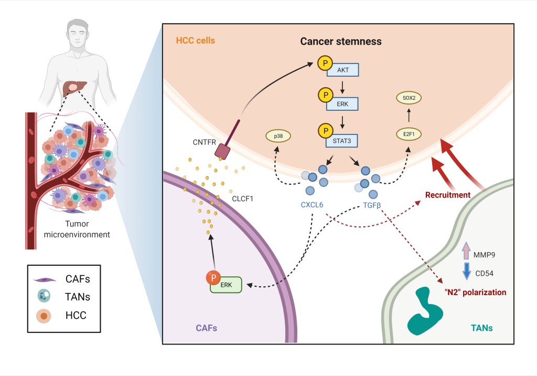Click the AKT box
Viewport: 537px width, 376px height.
tap(342, 70)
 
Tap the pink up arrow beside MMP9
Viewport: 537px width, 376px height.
tap(465, 252)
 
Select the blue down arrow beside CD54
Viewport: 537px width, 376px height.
tap(465, 271)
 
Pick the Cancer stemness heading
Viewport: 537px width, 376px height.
tap(340, 41)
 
